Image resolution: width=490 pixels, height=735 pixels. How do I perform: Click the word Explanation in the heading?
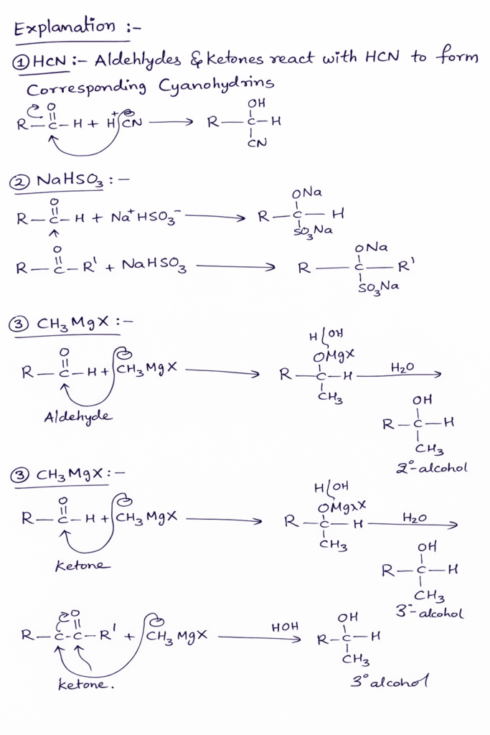[x=64, y=28]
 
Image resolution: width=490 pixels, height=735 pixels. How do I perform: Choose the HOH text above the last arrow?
[x=285, y=627]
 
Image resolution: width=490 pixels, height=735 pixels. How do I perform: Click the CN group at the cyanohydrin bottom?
[x=256, y=143]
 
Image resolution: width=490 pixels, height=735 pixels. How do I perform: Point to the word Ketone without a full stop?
[x=83, y=566]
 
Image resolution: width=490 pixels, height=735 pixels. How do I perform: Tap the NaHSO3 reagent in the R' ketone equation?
[x=154, y=266]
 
